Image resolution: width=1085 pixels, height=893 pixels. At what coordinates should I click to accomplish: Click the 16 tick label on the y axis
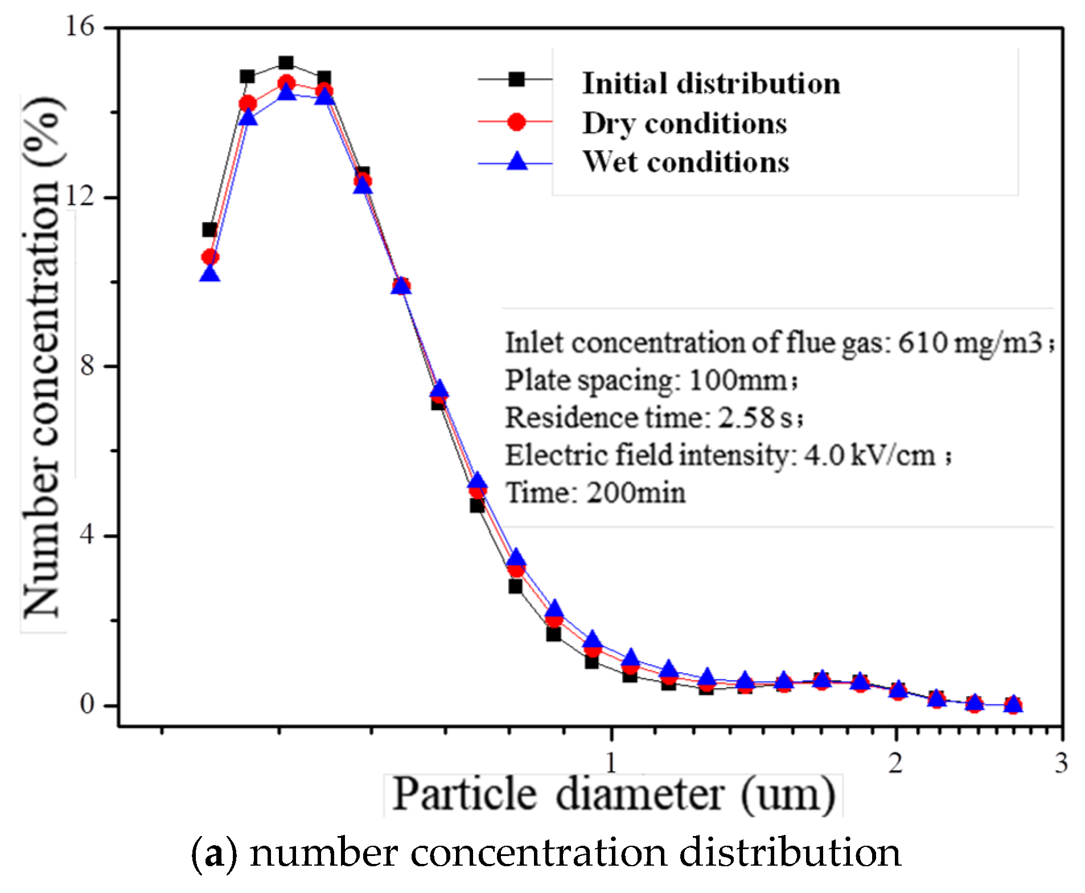[79, 27]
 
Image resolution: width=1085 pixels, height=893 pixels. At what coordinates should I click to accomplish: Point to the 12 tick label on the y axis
[79, 196]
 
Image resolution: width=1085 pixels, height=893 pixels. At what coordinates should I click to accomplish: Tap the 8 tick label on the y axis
[87, 365]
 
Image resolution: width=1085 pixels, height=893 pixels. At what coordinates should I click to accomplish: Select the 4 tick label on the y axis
[87, 535]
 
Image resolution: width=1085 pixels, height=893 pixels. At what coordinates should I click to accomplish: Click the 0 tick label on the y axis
[87, 704]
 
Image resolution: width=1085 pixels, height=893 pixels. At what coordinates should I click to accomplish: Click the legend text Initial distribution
[711, 84]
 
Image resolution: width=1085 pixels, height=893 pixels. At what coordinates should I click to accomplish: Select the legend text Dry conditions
[684, 124]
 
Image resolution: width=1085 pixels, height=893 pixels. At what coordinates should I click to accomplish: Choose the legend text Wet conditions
[686, 162]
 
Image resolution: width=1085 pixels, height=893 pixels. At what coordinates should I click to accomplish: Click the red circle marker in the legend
[516, 122]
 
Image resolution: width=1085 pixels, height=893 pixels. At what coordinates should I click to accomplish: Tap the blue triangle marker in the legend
[517, 162]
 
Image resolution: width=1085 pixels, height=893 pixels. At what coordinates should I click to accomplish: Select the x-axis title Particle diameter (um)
[614, 794]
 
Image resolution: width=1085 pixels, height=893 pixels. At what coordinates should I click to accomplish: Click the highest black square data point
[286, 63]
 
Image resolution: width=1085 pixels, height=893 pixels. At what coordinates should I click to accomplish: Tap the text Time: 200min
[595, 493]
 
